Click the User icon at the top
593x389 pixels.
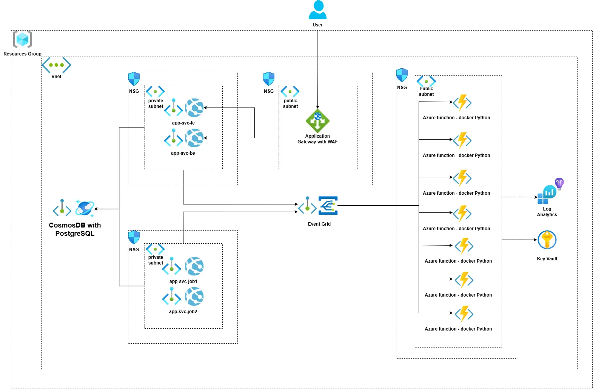(317, 10)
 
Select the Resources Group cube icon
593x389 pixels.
(22, 39)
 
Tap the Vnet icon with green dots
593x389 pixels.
(56, 65)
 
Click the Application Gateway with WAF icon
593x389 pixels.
(317, 121)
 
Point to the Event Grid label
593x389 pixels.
(319, 224)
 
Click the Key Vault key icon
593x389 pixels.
(547, 240)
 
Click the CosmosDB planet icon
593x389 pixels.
(85, 208)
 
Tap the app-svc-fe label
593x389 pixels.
(183, 123)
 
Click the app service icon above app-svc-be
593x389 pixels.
(194, 138)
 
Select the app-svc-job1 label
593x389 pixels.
(183, 281)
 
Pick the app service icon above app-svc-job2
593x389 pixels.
(194, 297)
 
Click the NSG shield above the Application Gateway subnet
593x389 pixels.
(268, 79)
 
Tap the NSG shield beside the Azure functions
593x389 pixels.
(402, 75)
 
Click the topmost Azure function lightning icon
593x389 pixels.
(462, 103)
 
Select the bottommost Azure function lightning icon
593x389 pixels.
(464, 314)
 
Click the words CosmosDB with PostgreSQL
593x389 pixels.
(75, 229)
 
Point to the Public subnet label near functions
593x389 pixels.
(426, 91)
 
